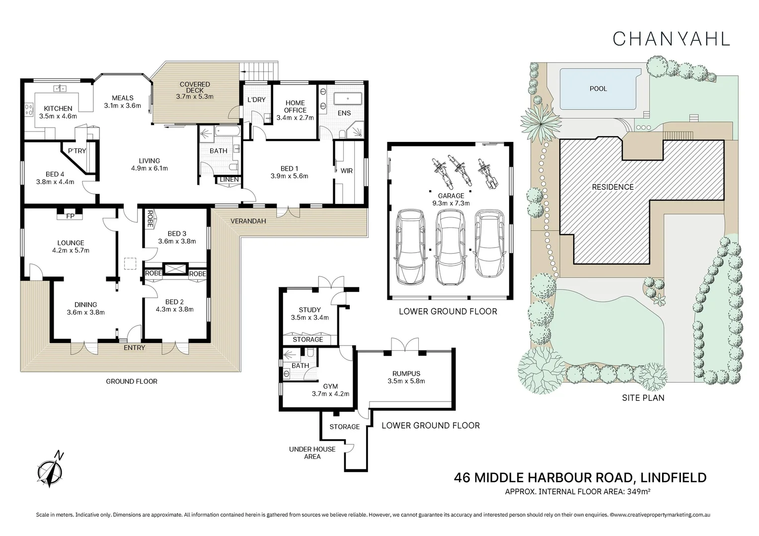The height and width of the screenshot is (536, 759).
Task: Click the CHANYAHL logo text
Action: [x=671, y=39]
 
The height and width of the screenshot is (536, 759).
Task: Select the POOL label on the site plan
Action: [x=598, y=89]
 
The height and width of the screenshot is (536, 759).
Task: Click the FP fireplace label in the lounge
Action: [x=70, y=216]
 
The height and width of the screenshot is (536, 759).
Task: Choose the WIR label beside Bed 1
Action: [x=346, y=171]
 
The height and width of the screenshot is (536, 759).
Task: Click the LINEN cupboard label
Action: [x=229, y=179]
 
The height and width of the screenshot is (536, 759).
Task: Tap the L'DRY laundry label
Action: [x=256, y=100]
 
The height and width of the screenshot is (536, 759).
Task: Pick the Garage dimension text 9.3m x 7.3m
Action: [x=451, y=203]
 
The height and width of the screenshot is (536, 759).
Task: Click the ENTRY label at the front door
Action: [x=134, y=347]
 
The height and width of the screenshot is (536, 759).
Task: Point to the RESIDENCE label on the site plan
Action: [x=612, y=187]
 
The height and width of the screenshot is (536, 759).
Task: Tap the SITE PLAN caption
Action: [x=643, y=398]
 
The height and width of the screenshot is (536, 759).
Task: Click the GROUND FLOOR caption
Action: [x=131, y=381]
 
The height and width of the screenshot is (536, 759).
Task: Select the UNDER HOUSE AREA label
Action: [x=312, y=453]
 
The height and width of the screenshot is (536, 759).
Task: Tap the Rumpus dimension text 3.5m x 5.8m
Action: [x=406, y=381]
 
